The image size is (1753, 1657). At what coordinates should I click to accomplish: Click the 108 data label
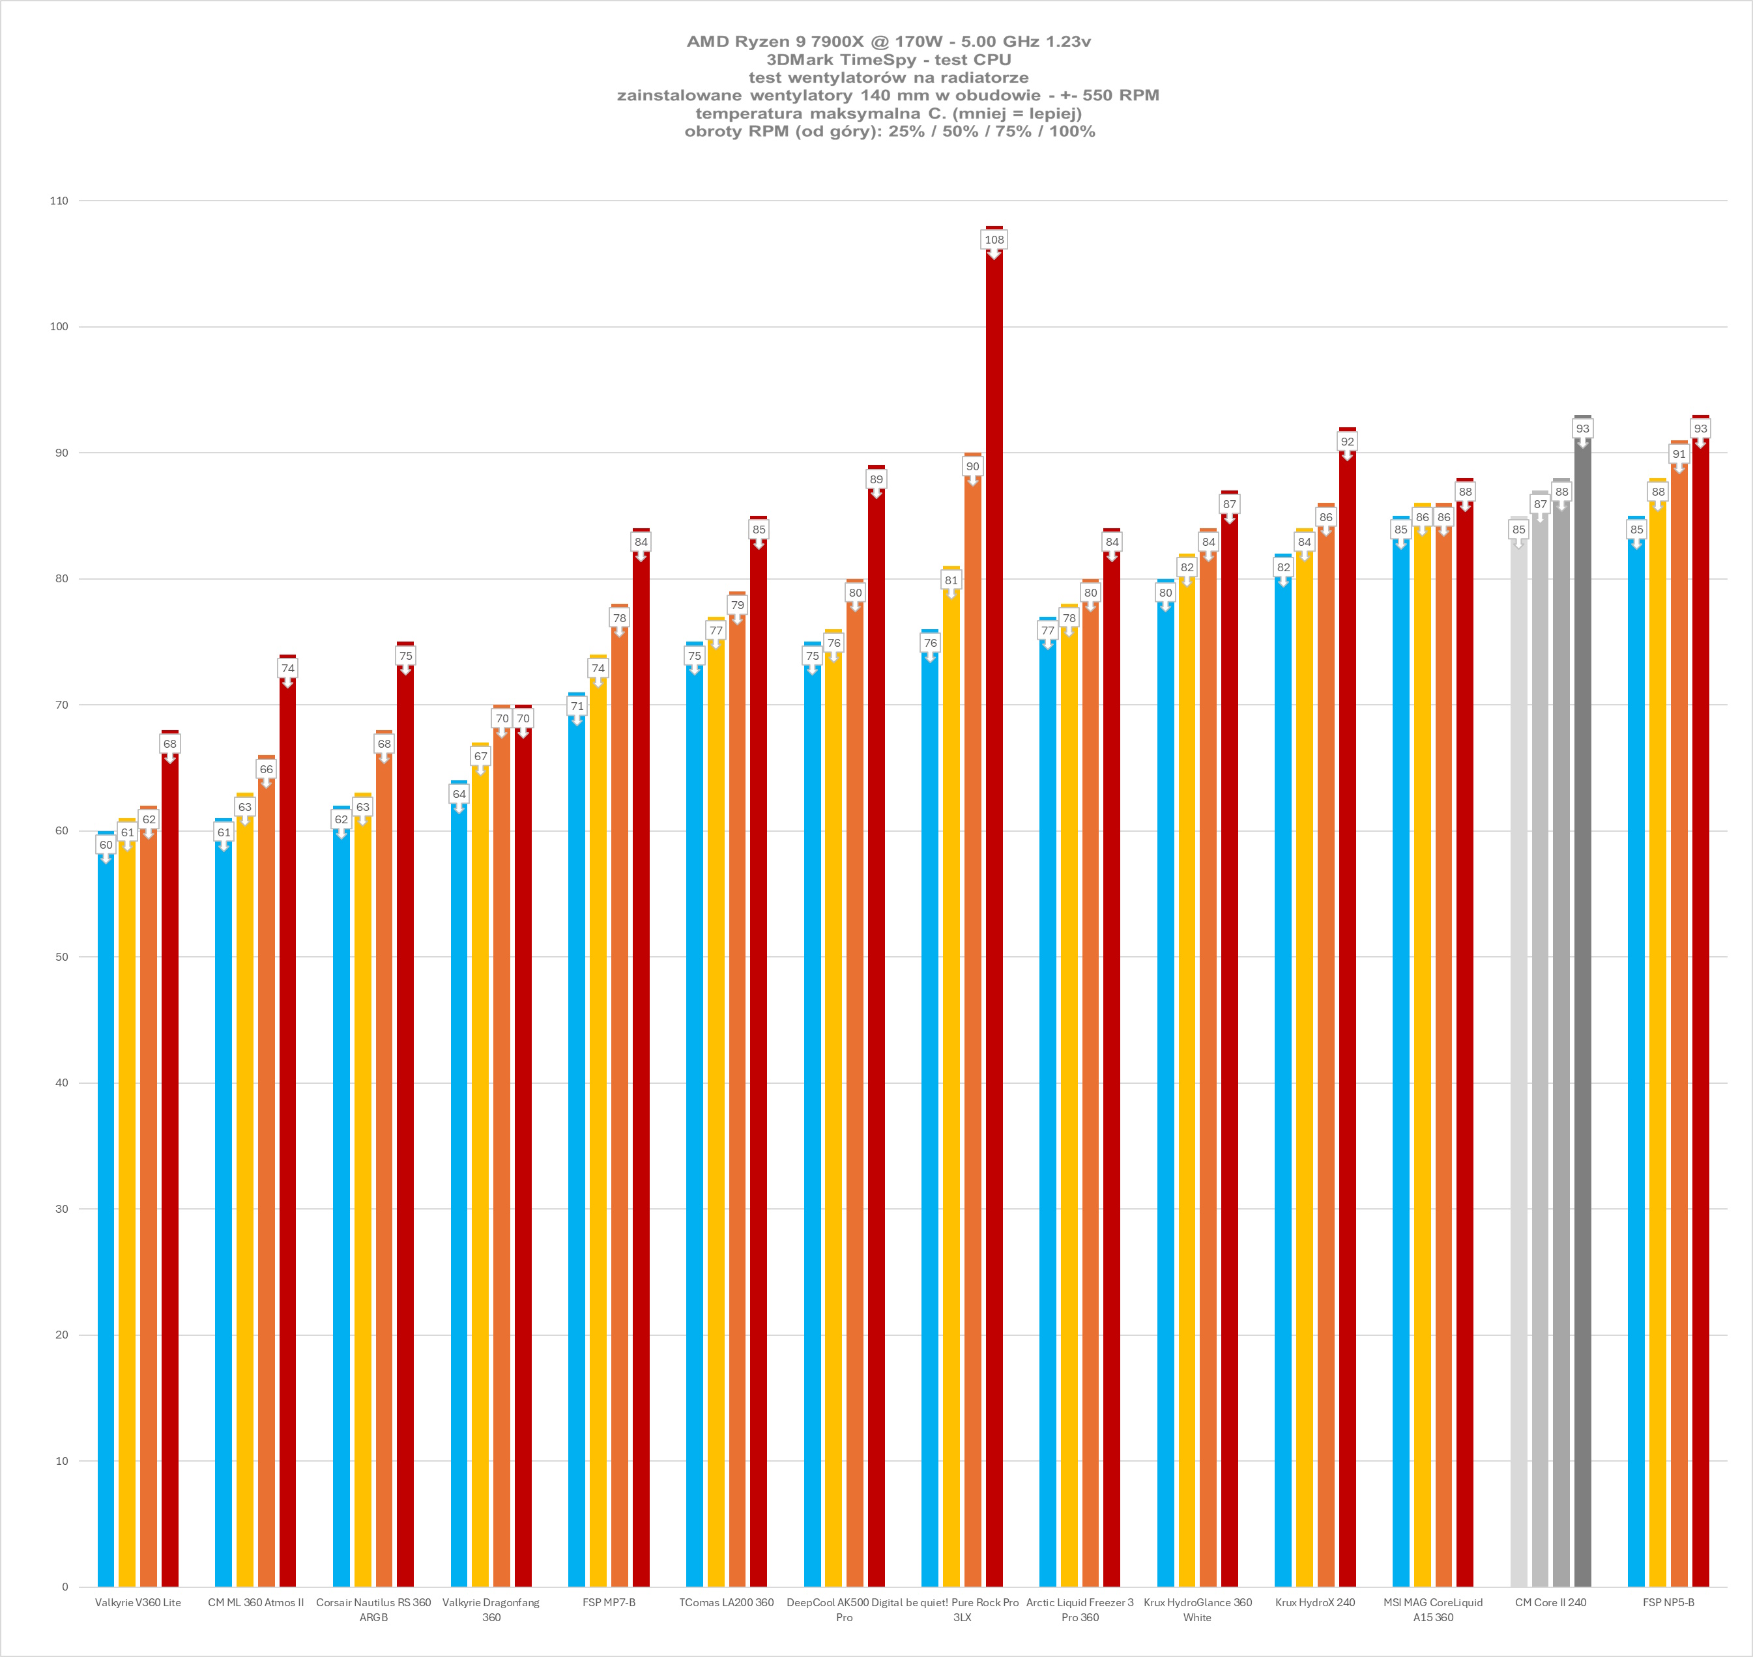coord(994,239)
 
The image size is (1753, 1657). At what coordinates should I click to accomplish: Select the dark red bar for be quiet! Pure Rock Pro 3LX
coord(994,883)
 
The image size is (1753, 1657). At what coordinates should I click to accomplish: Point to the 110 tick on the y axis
coord(58,201)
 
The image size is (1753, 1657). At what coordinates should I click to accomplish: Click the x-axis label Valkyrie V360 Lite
coord(138,1602)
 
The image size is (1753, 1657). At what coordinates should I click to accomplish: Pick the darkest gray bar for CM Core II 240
coord(1582,1060)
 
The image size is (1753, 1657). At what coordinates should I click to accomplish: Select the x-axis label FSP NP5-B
coord(1668,1602)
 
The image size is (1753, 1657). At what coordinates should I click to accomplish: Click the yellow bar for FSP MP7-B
coord(598,1148)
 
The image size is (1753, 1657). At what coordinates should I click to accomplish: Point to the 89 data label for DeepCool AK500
coord(876,479)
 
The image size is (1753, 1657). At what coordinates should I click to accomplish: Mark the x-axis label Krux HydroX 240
coord(1315,1602)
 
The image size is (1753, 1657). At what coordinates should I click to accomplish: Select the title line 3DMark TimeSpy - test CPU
coord(888,59)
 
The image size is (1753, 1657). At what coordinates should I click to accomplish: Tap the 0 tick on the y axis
coord(65,1587)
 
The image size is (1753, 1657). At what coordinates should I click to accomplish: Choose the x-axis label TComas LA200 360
coord(727,1602)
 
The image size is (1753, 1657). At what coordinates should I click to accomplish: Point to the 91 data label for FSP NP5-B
coord(1679,454)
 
